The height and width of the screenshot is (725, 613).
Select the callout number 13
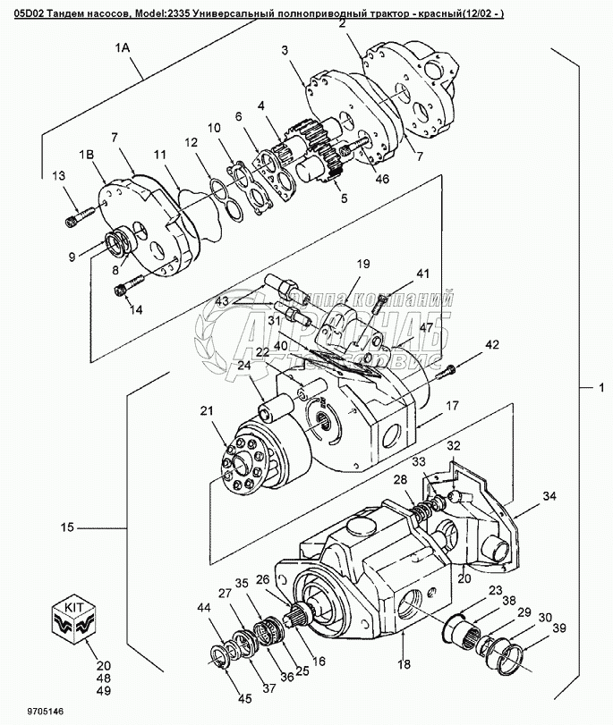pyautogui.click(x=58, y=174)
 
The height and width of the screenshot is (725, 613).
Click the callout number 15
pyautogui.click(x=68, y=528)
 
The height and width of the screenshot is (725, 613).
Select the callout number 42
pyautogui.click(x=491, y=345)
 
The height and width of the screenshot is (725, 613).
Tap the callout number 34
pyautogui.click(x=549, y=496)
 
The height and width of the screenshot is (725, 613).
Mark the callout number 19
pyautogui.click(x=363, y=265)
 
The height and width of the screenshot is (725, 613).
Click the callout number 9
pyautogui.click(x=72, y=256)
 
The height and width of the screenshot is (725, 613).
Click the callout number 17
pyautogui.click(x=453, y=406)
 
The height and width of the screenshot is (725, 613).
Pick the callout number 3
pyautogui.click(x=285, y=51)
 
